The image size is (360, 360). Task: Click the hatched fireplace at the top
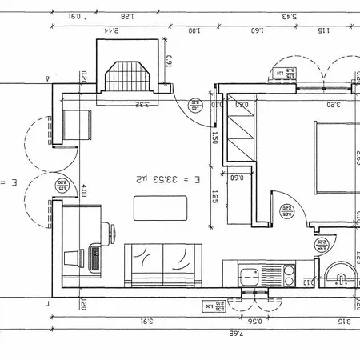125,78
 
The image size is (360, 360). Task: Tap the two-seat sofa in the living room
162,262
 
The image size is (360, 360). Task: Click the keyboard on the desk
95,257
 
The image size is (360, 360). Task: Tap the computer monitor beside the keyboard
81,257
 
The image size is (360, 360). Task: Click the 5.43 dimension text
289,17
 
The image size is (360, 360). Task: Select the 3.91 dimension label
146,322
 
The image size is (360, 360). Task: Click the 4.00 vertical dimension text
83,192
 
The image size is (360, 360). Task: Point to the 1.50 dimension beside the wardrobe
215,138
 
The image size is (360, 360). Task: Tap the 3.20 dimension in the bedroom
334,104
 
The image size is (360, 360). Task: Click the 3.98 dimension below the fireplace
139,104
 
